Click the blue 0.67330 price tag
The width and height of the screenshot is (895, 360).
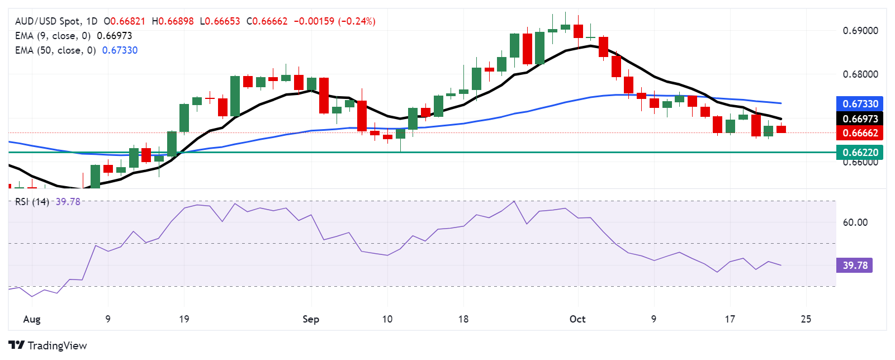pyautogui.click(x=860, y=103)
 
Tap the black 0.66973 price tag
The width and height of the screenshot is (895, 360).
pyautogui.click(x=860, y=119)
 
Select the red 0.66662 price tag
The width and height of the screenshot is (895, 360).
pyautogui.click(x=860, y=133)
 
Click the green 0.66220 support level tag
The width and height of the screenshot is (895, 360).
pyautogui.click(x=860, y=152)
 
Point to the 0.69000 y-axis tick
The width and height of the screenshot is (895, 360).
pyautogui.click(x=860, y=31)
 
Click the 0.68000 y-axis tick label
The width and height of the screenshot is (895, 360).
pyautogui.click(x=860, y=74)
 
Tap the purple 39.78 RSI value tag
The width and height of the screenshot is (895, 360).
pyautogui.click(x=855, y=265)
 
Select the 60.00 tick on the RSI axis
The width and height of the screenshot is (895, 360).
pyautogui.click(x=855, y=222)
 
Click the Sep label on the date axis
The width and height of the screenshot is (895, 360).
pyautogui.click(x=311, y=319)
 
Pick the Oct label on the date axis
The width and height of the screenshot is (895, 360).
pyautogui.click(x=577, y=319)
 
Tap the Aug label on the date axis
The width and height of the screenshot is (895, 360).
pyautogui.click(x=32, y=319)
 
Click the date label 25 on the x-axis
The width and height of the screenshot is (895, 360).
pyautogui.click(x=806, y=319)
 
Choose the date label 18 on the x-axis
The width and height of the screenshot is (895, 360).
pyautogui.click(x=463, y=319)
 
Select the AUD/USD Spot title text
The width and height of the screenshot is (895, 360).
pyautogui.click(x=48, y=21)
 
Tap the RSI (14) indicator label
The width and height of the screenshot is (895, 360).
pyautogui.click(x=32, y=202)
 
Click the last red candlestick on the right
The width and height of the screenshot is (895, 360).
pyautogui.click(x=781, y=129)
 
